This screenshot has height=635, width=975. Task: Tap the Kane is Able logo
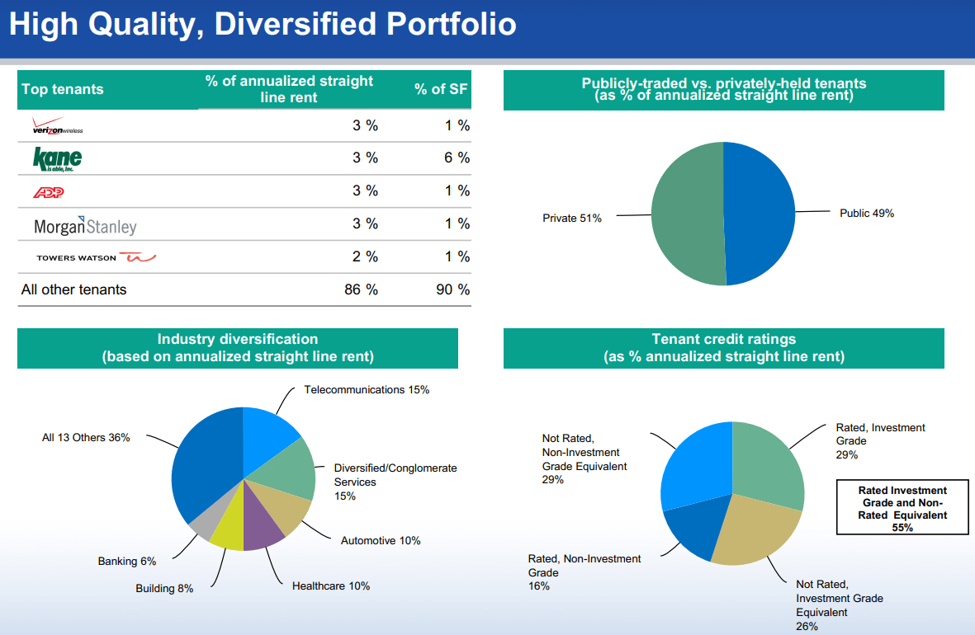57,158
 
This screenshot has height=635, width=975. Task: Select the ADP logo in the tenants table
48,192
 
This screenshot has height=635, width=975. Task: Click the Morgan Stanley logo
85,225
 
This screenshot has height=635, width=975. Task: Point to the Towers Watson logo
96,257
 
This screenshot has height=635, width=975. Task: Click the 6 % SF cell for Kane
457,158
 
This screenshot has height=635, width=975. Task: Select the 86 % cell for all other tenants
361,289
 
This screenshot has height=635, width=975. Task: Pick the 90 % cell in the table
452,289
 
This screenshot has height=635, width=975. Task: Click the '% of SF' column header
442,90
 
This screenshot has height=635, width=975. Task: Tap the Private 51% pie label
571,219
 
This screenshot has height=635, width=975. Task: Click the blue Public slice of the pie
760,214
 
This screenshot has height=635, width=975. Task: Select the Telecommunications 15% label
366,389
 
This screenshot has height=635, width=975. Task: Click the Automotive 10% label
381,541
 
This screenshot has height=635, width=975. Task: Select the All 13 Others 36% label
86,437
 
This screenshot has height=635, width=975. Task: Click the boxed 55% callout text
902,509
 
